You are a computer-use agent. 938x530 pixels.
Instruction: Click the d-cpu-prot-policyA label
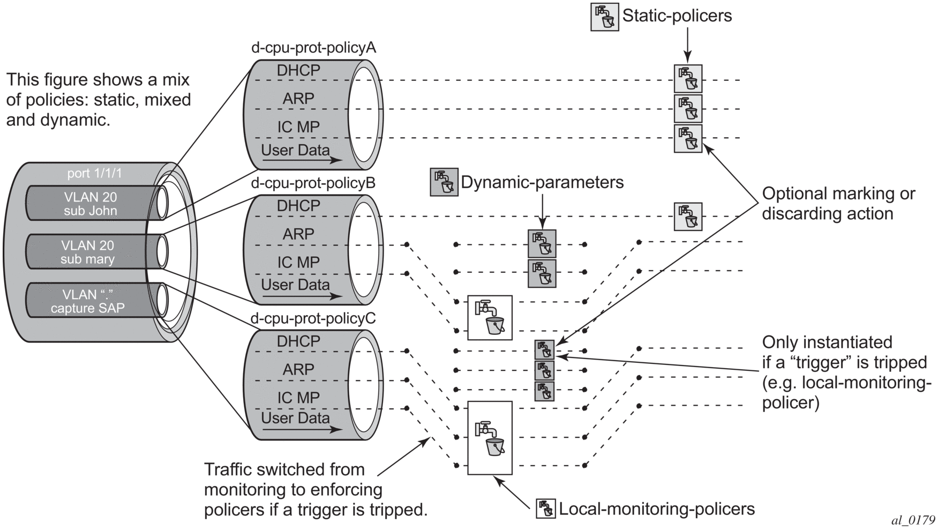coord(313,48)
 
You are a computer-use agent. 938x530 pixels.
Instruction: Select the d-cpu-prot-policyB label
coord(313,183)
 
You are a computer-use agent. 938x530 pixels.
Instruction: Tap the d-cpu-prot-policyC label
coord(313,319)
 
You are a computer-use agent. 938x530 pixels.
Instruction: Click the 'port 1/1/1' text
coord(94,174)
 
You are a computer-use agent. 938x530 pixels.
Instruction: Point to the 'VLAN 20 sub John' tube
coord(91,204)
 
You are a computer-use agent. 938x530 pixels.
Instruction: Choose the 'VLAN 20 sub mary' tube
coord(88,252)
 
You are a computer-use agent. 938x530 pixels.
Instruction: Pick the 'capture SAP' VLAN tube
coord(88,301)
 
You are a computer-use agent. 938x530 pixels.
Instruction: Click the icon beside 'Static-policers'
coord(605,17)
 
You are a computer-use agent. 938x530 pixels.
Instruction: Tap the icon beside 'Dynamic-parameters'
coord(444,182)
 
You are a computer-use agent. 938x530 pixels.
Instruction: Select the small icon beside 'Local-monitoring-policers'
coord(546,509)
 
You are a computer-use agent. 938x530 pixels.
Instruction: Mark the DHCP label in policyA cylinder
coord(298,70)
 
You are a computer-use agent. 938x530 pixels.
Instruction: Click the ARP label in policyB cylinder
coord(298,234)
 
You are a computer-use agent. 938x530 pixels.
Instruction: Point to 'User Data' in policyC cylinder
coord(295,419)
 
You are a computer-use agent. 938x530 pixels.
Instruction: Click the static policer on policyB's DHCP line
coord(688,217)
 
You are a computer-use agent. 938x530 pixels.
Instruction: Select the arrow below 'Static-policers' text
coord(687,45)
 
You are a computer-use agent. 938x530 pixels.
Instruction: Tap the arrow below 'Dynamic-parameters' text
coord(542,211)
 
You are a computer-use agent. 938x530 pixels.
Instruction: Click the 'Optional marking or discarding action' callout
coord(838,204)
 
